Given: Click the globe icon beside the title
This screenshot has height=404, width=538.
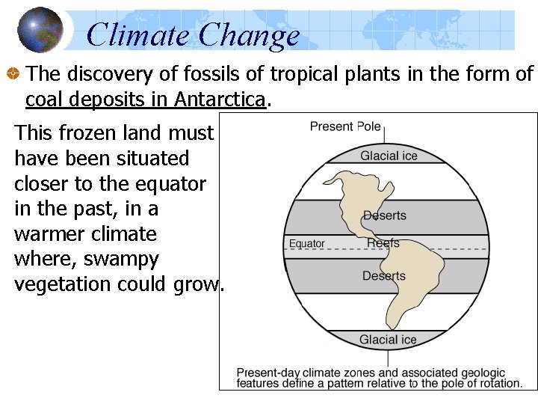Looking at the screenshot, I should coord(40,30).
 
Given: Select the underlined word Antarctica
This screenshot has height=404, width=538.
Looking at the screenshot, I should coord(220,99).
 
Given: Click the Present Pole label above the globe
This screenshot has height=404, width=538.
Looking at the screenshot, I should coord(345,126).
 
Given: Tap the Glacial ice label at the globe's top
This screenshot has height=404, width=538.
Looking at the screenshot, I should coord(389,156).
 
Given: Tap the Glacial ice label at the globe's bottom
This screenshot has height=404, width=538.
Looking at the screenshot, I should coord(388,340).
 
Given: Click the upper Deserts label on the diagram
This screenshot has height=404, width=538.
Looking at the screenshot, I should coord(385,215).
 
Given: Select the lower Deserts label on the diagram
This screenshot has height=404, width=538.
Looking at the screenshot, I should coord(384,276).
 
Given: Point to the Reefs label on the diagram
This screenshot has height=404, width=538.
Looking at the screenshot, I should coord(383,243).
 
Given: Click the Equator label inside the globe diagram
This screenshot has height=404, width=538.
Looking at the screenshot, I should coord(306,244).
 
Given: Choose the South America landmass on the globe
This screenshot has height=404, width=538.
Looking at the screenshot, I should coord(407,284).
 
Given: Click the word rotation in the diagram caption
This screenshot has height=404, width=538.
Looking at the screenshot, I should coord(500,383).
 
